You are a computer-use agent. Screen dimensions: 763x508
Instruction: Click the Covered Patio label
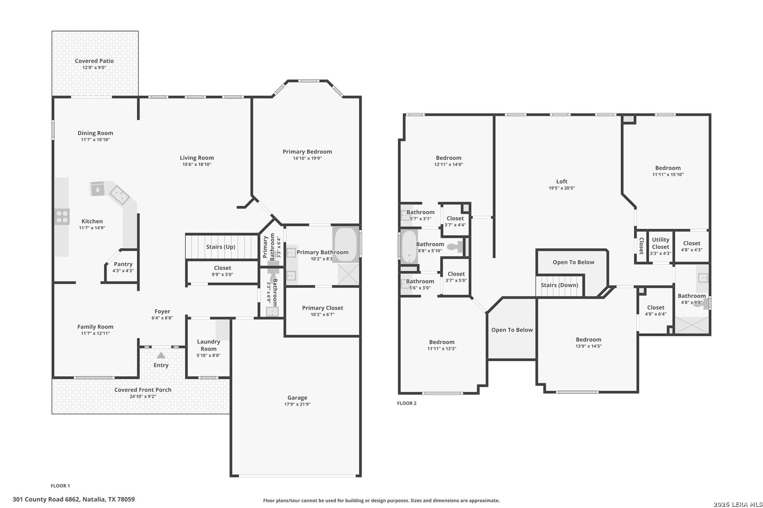(x=94, y=61)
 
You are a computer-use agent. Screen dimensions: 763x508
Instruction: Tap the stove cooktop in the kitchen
(x=62, y=217)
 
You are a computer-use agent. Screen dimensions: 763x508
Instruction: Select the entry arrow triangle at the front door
(x=161, y=355)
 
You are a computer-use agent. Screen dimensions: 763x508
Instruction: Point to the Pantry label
(x=123, y=264)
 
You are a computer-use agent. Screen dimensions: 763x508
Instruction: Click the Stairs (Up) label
(x=221, y=246)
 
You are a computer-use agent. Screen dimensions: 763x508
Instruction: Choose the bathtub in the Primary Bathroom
(x=346, y=244)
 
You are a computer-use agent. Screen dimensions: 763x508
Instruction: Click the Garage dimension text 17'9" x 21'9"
(x=297, y=404)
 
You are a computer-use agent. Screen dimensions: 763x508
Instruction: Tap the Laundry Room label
(x=209, y=345)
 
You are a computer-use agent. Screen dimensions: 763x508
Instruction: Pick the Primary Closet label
(x=323, y=308)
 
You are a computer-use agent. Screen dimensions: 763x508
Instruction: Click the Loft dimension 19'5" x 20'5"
(x=562, y=188)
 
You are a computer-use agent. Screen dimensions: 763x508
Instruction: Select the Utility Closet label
(x=660, y=243)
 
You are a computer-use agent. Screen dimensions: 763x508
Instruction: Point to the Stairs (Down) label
(x=560, y=285)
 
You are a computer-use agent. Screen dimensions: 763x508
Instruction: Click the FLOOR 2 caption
(x=407, y=403)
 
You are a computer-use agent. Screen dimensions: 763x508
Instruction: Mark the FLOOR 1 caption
(x=60, y=486)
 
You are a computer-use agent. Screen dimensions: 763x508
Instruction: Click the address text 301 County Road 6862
(x=46, y=500)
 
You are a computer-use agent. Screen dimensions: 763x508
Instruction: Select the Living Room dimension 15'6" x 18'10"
(x=197, y=164)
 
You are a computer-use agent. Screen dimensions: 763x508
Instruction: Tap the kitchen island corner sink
(x=119, y=195)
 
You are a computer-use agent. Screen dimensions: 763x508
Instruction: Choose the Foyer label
(x=162, y=311)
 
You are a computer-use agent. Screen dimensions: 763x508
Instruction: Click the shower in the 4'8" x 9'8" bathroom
(x=692, y=325)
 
